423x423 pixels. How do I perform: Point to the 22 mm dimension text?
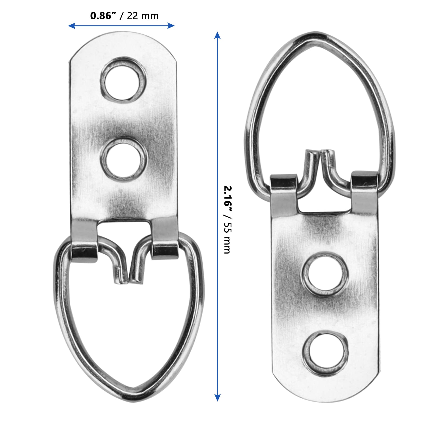143,16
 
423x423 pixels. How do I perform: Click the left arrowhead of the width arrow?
72,26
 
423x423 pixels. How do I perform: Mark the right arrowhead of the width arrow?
171,26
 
